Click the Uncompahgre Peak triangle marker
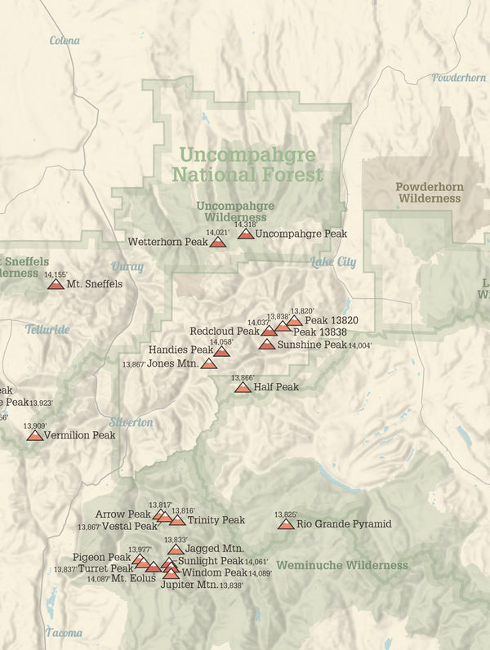[x=246, y=234]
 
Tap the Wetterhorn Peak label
[x=167, y=242]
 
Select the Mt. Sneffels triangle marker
[x=56, y=284]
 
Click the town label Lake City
[x=333, y=262]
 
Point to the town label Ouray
[x=127, y=266]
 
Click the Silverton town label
[x=131, y=422]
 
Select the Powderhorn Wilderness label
[x=430, y=193]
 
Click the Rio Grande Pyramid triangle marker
[x=286, y=523]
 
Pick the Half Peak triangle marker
[x=243, y=387]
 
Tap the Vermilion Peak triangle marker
[x=35, y=435]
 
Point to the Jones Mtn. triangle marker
[x=208, y=363]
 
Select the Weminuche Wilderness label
[x=341, y=565]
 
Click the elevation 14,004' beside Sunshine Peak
[x=360, y=346]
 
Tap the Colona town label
[x=65, y=41]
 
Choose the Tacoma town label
[x=64, y=633]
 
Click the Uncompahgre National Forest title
[x=247, y=164]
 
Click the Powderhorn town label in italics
[x=458, y=78]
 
